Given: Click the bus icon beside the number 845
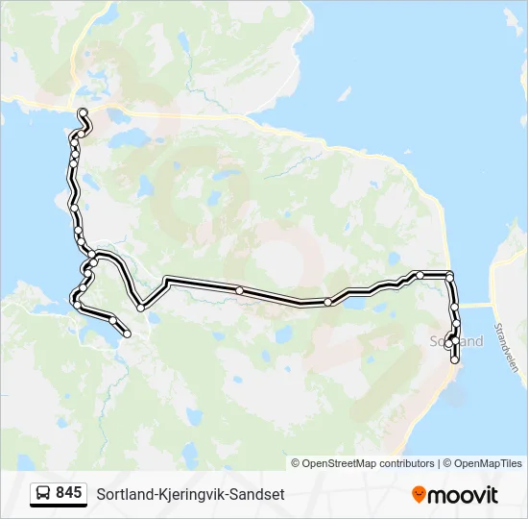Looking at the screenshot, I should (43, 493).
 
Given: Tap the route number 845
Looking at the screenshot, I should (68, 493).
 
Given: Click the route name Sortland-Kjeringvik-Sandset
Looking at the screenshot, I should (190, 494).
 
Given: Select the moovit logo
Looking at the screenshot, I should (455, 494).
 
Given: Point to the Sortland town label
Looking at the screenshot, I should (457, 341).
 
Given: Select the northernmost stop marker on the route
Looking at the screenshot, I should (84, 113).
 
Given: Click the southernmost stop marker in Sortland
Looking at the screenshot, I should (455, 359).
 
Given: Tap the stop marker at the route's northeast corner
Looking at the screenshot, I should (449, 277).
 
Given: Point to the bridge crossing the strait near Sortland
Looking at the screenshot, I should (476, 306).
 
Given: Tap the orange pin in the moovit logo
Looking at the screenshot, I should (419, 494).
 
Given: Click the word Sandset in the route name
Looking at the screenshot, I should (259, 494).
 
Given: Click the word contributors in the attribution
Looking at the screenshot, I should (406, 463).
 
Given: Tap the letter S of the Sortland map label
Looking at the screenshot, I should (435, 341).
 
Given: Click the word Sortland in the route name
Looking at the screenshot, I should (122, 494).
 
